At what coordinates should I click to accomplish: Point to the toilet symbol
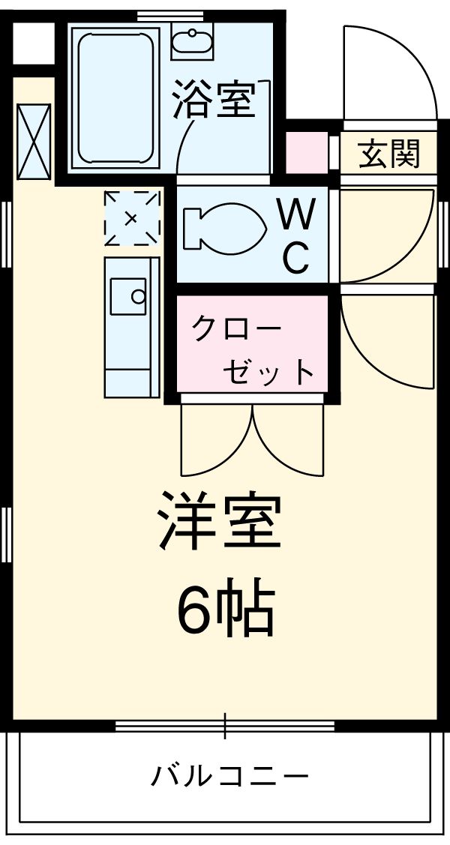[223, 226]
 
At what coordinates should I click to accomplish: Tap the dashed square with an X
[132, 218]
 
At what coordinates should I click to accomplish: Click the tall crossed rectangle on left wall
[33, 140]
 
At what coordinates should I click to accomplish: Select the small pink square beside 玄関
[307, 153]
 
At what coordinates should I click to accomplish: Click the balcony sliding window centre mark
[224, 726]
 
